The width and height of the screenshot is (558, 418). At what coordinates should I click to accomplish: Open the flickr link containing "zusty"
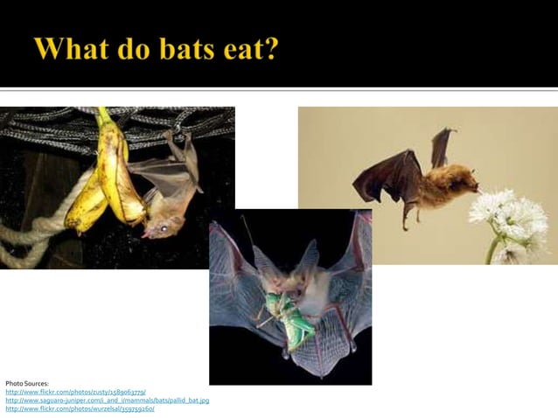(x=75, y=392)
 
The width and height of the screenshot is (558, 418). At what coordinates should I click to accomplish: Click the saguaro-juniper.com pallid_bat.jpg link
(x=107, y=400)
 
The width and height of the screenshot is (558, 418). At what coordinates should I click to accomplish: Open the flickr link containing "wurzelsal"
(x=80, y=408)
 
